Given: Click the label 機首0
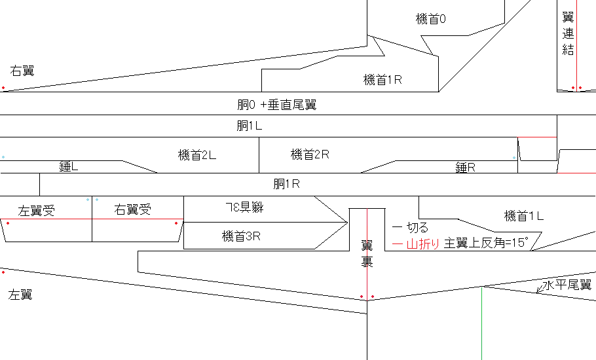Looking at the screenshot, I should (x=431, y=20).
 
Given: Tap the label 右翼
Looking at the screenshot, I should (x=22, y=71).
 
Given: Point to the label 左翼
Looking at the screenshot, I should (x=20, y=295).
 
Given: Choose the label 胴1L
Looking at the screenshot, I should (x=249, y=126).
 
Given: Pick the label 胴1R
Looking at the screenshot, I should (x=286, y=184).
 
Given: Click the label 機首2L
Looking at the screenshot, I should (x=197, y=155).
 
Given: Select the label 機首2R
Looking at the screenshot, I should (x=310, y=155).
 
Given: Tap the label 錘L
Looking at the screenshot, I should (x=69, y=167).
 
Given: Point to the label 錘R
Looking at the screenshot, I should (x=465, y=168).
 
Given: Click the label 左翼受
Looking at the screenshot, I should (x=37, y=211).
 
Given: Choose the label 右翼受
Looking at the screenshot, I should (x=133, y=210).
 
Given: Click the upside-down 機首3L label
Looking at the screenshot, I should (x=244, y=207).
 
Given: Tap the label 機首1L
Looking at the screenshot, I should (x=524, y=216).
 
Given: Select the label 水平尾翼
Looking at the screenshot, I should (x=567, y=285).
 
